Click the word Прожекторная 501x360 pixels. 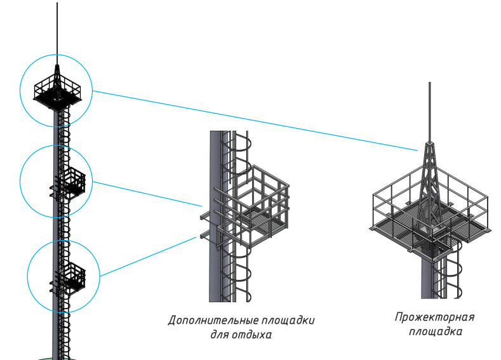(434, 317)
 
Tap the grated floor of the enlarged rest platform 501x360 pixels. (254, 222)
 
